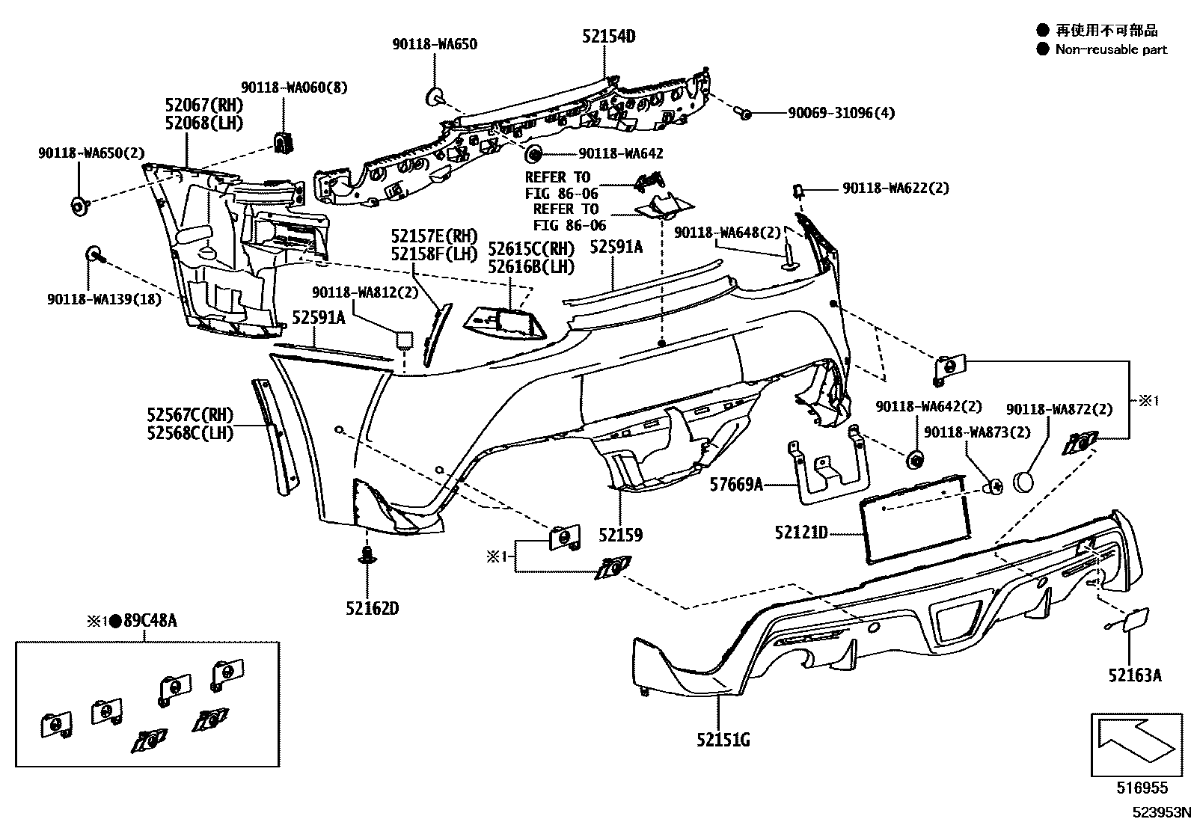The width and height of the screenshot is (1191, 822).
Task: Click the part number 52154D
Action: (609, 35)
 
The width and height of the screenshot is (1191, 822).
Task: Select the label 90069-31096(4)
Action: (841, 113)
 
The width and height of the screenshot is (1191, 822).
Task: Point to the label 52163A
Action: (1135, 675)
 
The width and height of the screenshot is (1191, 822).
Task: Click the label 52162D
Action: (372, 608)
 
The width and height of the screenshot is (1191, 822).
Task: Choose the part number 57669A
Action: (736, 485)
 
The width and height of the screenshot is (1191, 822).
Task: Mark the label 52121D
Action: (801, 533)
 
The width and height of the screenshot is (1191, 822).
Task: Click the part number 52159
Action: (620, 535)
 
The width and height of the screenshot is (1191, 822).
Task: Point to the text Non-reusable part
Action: (1111, 49)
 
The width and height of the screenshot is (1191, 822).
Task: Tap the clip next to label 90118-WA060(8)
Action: (284, 142)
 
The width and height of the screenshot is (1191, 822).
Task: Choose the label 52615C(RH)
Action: (531, 248)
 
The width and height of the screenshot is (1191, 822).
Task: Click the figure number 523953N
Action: (1160, 812)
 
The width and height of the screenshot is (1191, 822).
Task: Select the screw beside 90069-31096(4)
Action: (744, 113)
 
